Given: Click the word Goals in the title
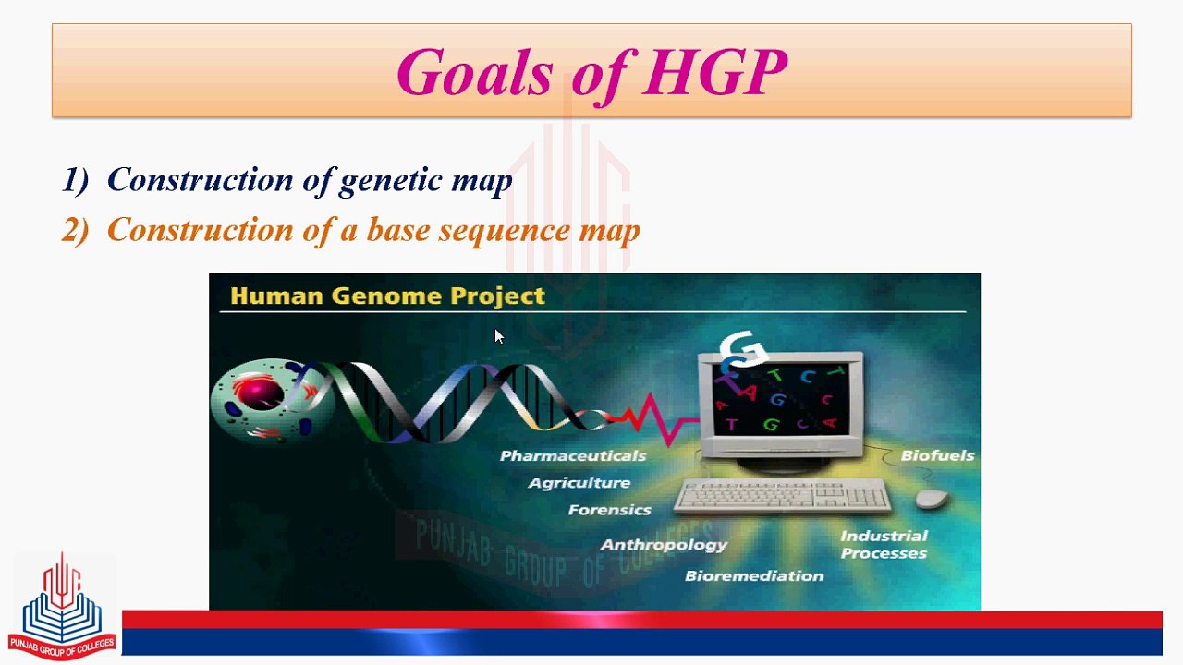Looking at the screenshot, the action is [x=475, y=72].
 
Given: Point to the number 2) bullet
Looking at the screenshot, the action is [x=75, y=230].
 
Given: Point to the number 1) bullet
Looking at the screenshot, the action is [x=75, y=180].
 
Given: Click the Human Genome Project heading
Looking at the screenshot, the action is [x=387, y=296].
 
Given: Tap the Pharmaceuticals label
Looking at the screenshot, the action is [x=573, y=455].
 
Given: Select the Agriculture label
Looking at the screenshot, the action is [x=579, y=483].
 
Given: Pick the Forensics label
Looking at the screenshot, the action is [x=609, y=510].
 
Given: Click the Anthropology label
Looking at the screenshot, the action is [x=664, y=545].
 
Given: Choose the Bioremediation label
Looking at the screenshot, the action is [x=754, y=575].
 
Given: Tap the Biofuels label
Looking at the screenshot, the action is [x=937, y=455].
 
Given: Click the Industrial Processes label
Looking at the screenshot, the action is [x=884, y=545].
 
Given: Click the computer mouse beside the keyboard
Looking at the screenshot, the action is [x=933, y=498].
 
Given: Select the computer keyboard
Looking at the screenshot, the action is [x=783, y=496].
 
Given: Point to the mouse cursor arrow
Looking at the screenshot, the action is [x=499, y=336].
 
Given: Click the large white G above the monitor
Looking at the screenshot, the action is [x=743, y=348].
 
